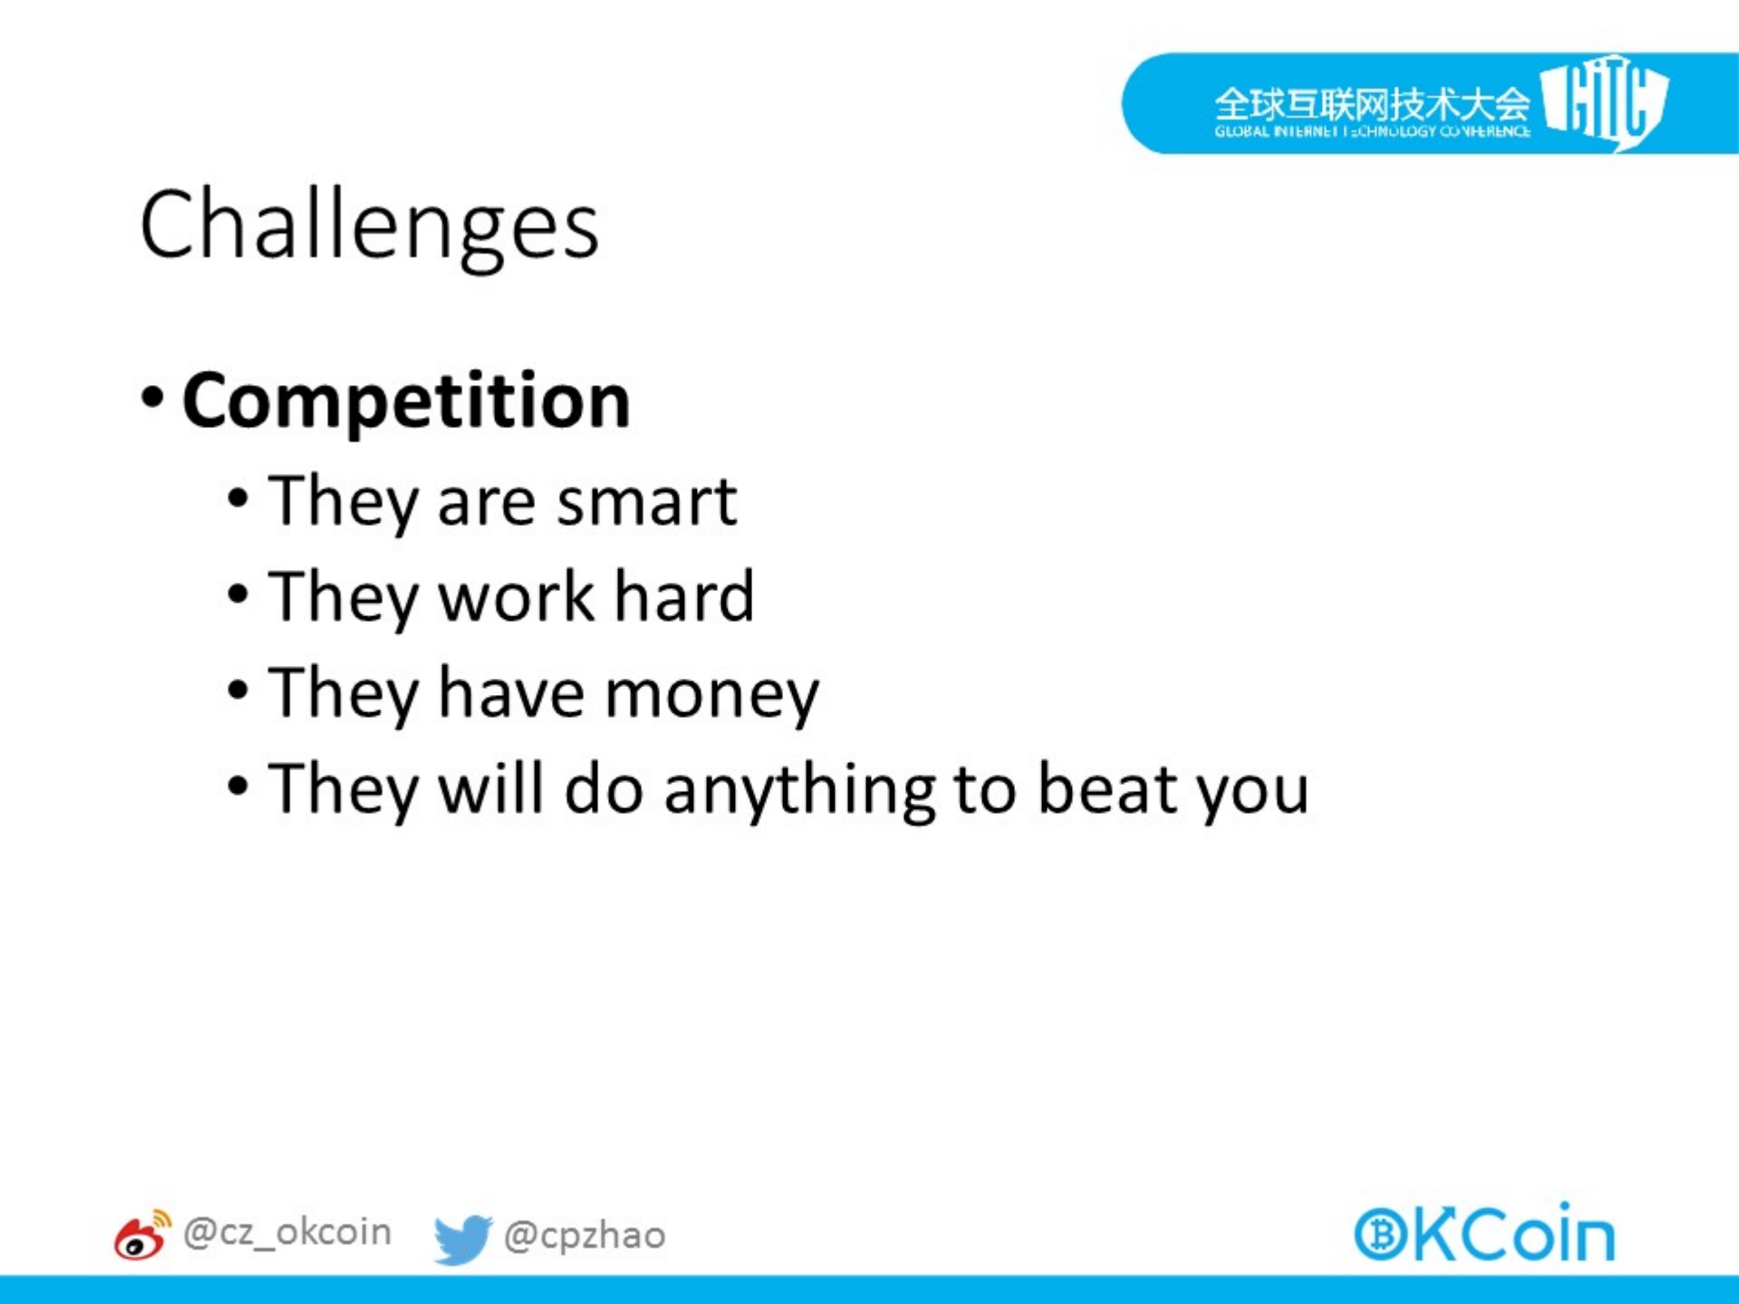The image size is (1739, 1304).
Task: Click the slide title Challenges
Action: pyautogui.click(x=369, y=227)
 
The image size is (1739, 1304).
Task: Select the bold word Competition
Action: pyautogui.click(x=406, y=401)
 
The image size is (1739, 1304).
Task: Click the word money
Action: pyautogui.click(x=711, y=696)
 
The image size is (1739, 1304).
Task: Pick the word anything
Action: pyautogui.click(x=799, y=790)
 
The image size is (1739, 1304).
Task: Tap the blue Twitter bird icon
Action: pyautogui.click(x=462, y=1239)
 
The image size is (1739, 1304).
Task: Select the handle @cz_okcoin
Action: pyautogui.click(x=287, y=1232)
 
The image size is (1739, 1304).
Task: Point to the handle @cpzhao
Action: pyautogui.click(x=584, y=1235)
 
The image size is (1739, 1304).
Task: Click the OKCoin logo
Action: pyautogui.click(x=1484, y=1232)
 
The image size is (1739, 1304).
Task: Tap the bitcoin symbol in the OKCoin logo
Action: pyautogui.click(x=1381, y=1234)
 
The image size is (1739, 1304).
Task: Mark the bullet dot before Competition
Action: pyautogui.click(x=153, y=397)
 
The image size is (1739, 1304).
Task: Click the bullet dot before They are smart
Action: pyautogui.click(x=237, y=498)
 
